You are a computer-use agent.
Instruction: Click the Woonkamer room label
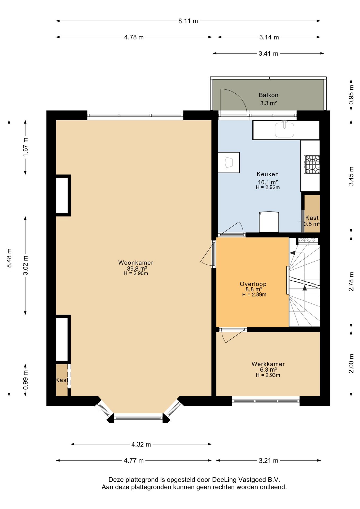pos(135,262)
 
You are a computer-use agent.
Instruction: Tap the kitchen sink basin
pos(284,130)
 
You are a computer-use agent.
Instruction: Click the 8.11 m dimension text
pos(188,21)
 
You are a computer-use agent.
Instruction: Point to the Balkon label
pos(268,95)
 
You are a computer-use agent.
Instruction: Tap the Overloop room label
pos(253,284)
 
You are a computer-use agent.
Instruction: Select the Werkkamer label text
pos(268,364)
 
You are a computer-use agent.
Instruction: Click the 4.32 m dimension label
pos(141,444)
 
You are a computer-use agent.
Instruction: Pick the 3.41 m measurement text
pos(268,54)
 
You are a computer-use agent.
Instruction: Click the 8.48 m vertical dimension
pos(9,258)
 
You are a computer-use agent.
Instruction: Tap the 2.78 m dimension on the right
pos(351,282)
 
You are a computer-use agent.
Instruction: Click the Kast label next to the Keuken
pos(312,218)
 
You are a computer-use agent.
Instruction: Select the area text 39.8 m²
pos(137,268)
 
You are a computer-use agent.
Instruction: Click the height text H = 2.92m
pos(267,187)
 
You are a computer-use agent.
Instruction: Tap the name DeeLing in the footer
pos(224,480)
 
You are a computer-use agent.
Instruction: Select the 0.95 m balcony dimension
pos(351,94)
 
